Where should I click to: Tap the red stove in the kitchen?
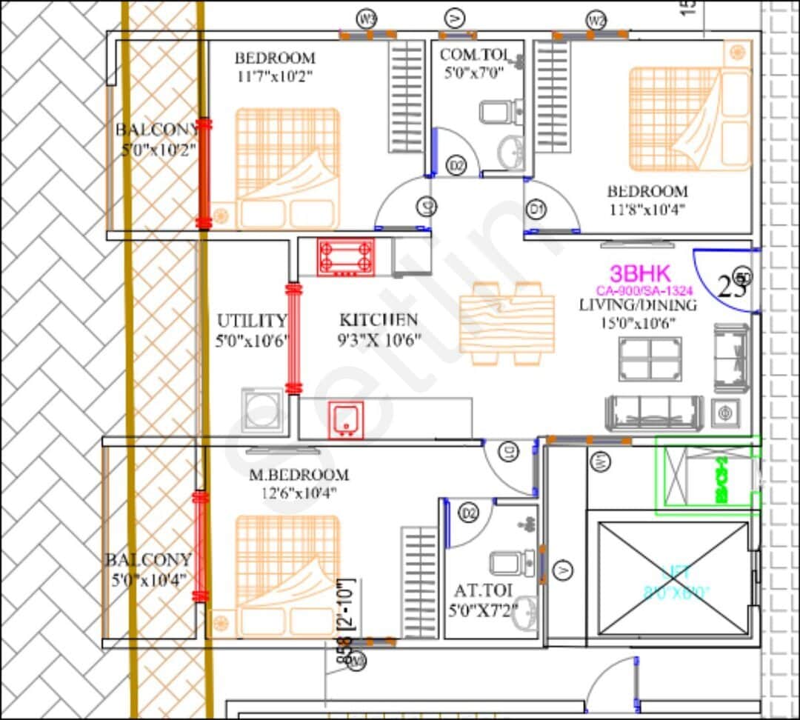[x=345, y=257]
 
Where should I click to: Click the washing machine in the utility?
[x=262, y=410]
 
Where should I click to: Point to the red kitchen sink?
[x=346, y=420]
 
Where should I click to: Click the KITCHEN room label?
[x=379, y=320]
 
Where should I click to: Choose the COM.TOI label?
[x=472, y=54]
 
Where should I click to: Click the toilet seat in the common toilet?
[x=494, y=112]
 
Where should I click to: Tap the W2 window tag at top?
[x=596, y=20]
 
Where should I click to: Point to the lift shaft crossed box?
[x=673, y=578]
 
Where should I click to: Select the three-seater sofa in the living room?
[x=654, y=413]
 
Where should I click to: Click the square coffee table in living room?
[x=650, y=359]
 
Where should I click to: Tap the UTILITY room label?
[x=252, y=321]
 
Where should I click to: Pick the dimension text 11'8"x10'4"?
[x=648, y=210]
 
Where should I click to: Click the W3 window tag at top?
[x=367, y=18]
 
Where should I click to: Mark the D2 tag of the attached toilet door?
[x=468, y=512]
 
